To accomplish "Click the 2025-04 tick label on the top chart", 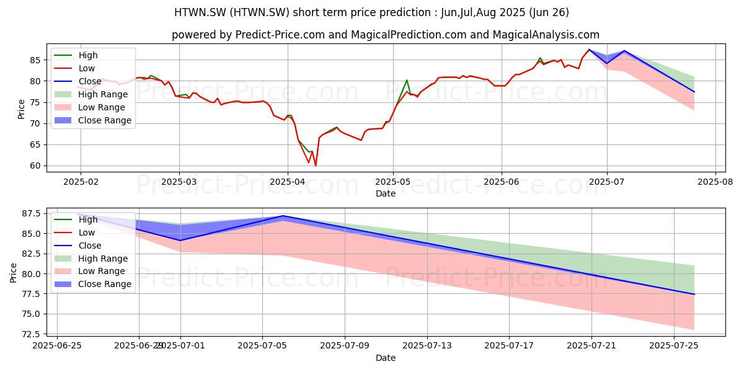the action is (x=288, y=182).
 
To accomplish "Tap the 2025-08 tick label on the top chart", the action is (x=715, y=182).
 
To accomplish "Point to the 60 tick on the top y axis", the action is (x=35, y=166).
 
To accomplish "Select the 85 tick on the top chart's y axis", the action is (x=35, y=60).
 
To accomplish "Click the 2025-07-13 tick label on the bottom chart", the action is (x=427, y=346).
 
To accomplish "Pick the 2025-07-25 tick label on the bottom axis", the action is (x=673, y=346).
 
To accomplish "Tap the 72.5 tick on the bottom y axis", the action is (x=31, y=334).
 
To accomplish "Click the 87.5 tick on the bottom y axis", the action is (x=31, y=213).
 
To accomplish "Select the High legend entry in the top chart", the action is (x=76, y=55).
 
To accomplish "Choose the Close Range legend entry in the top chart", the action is (x=92, y=120).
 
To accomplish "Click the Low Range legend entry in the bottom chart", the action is (x=89, y=271).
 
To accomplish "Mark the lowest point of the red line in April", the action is (x=316, y=166).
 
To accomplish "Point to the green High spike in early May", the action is (x=407, y=80).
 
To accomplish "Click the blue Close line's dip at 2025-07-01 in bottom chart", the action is (x=180, y=241).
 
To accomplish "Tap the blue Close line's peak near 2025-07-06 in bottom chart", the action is (x=283, y=216).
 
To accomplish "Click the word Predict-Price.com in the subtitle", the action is (x=280, y=35).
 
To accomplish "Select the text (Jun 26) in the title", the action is (x=549, y=12).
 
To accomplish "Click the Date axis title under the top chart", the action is (x=386, y=193).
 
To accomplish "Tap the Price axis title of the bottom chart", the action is (x=13, y=273).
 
